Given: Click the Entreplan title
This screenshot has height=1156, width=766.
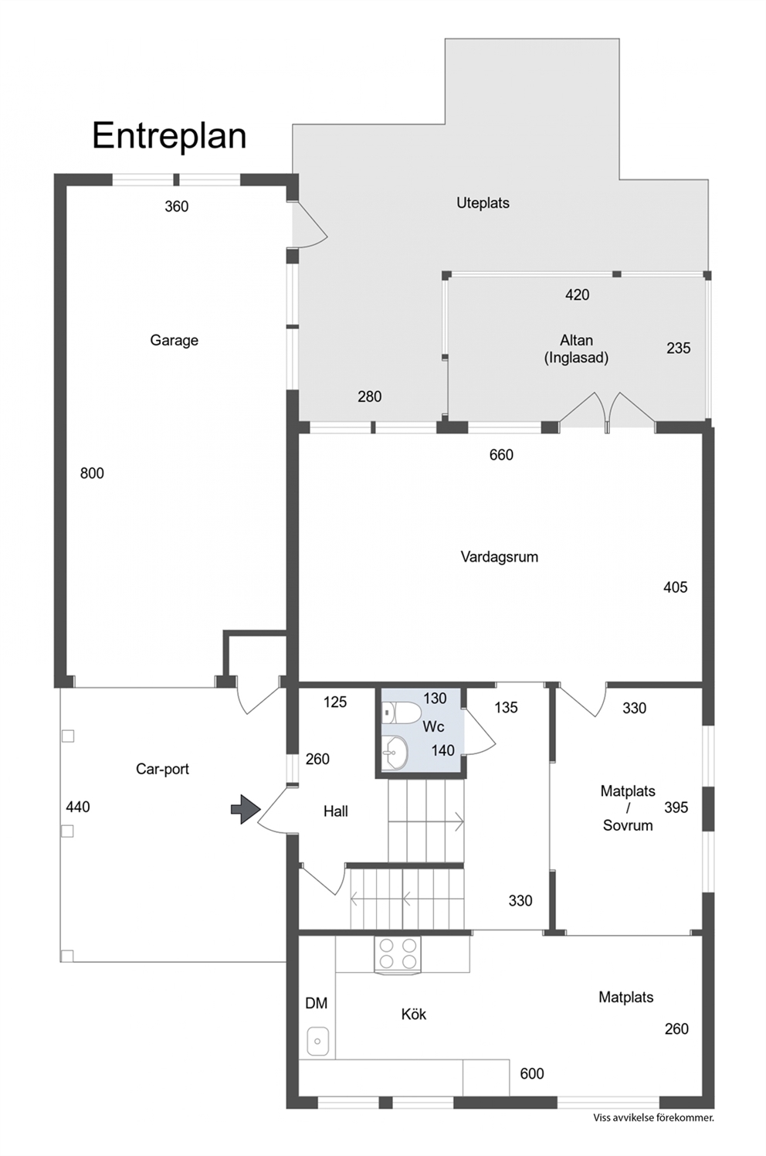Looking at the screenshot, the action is tap(168, 136).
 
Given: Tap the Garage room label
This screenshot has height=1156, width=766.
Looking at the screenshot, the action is tap(174, 341).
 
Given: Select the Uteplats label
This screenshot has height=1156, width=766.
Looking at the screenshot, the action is tap(483, 203).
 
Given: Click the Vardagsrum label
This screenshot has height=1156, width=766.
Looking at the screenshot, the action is tap(500, 557).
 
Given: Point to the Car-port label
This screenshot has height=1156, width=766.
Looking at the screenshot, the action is tap(162, 769).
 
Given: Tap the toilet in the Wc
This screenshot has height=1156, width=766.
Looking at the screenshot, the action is tap(402, 712).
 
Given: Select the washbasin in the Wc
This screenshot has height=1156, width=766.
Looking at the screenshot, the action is tap(395, 752).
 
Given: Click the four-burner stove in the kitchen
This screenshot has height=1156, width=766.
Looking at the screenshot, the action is tap(397, 954).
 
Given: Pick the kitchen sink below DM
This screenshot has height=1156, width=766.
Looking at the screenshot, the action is tap(317, 1042).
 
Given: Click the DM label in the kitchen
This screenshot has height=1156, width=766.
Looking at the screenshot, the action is tap(316, 1003).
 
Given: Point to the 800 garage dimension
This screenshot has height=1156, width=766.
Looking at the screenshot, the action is tap(92, 473).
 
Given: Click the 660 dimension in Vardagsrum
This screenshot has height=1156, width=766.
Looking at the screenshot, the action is tap(501, 454).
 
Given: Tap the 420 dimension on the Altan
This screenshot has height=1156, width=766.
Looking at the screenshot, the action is tap(577, 294).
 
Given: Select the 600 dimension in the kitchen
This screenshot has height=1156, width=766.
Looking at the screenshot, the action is tap(532, 1074).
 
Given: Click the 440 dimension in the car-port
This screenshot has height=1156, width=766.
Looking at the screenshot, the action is tap(78, 807).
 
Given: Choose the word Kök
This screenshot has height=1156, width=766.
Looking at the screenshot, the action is tap(414, 1015).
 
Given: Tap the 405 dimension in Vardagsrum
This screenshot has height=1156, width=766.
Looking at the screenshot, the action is tap(675, 587).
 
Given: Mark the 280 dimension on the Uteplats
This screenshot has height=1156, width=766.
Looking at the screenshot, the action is tap(369, 396).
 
